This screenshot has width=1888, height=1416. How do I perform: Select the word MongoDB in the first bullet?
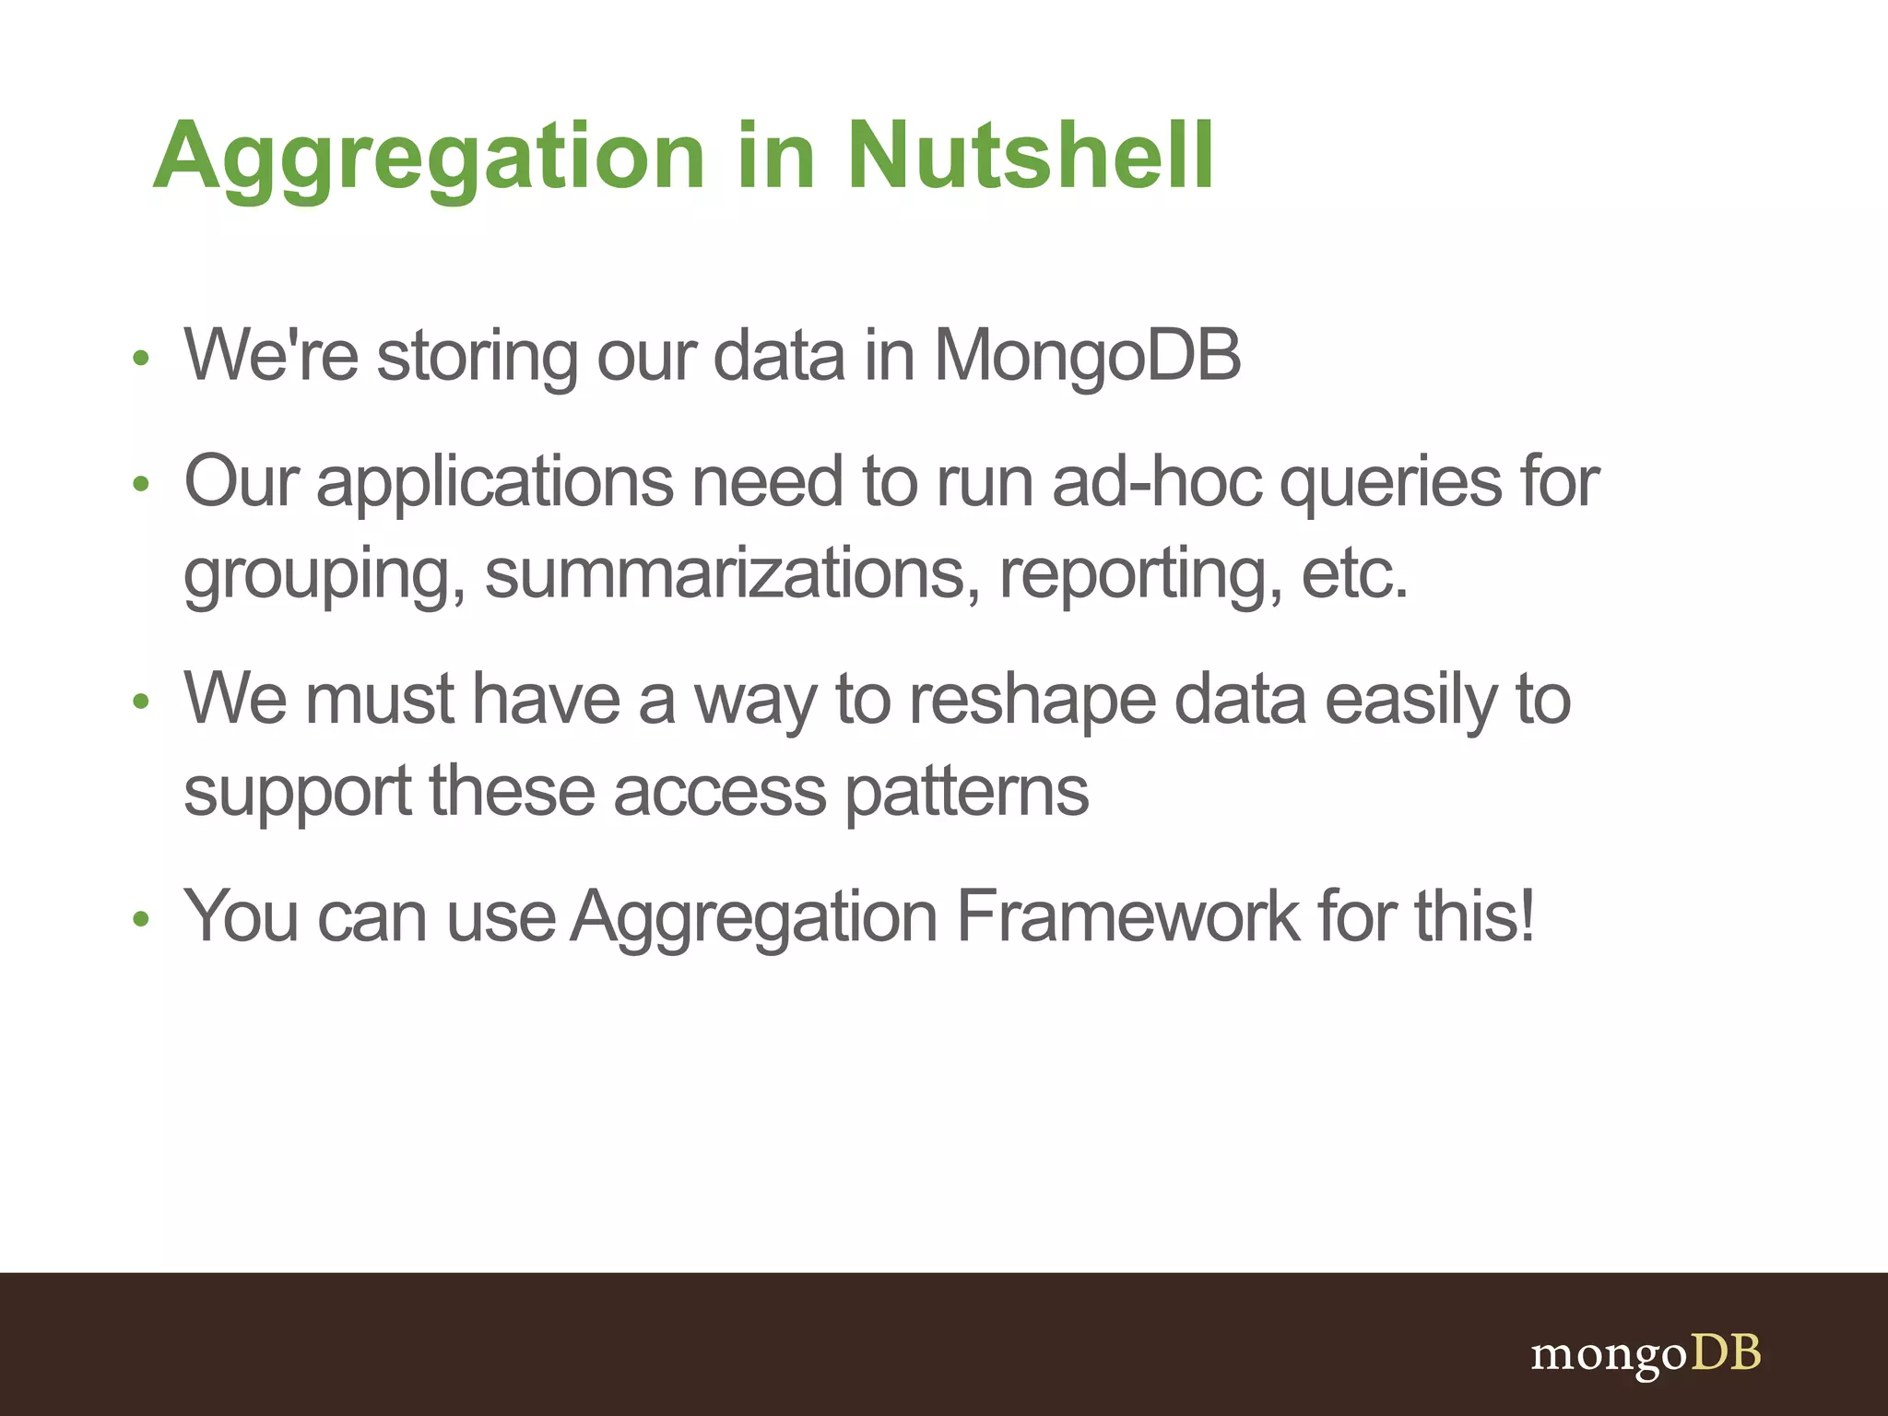[x=1088, y=355]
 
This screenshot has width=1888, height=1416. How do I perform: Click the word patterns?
[x=966, y=791]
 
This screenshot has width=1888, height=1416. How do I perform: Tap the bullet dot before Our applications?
[x=140, y=484]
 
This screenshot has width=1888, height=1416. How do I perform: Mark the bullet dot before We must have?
[x=140, y=702]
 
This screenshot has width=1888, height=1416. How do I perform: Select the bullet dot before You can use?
[x=140, y=919]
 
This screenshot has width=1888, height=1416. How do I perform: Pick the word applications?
[x=495, y=483]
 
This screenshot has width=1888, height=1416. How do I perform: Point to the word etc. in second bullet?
[x=1354, y=573]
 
